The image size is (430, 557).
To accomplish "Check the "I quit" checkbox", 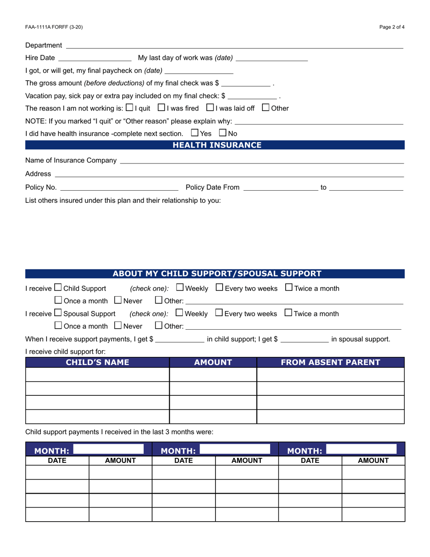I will click(x=129, y=108).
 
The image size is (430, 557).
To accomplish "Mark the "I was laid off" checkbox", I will click(x=210, y=108).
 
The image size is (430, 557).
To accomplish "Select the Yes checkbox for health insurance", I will click(x=195, y=133).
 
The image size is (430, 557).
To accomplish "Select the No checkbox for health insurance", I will click(x=223, y=133).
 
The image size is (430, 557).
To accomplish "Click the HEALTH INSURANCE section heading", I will click(x=217, y=145).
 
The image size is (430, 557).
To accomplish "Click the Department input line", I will click(x=234, y=45).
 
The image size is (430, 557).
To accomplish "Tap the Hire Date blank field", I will click(x=95, y=58).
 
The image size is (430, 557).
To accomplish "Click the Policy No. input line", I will click(x=119, y=187).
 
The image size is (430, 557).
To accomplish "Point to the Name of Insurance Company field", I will click(x=261, y=160).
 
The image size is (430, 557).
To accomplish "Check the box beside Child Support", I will click(x=58, y=288).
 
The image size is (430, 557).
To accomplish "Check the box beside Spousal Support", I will click(x=58, y=313).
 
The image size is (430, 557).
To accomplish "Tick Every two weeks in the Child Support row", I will click(x=219, y=288).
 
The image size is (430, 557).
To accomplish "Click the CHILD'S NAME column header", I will click(x=97, y=362).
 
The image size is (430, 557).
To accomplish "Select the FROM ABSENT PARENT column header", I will click(x=330, y=362).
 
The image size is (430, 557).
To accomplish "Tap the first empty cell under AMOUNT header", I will click(x=213, y=375).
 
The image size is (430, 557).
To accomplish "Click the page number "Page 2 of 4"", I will click(x=392, y=27).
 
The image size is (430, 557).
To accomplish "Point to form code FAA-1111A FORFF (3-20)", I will click(x=54, y=27).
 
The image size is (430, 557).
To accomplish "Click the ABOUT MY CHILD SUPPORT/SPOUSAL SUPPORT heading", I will click(x=217, y=274).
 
